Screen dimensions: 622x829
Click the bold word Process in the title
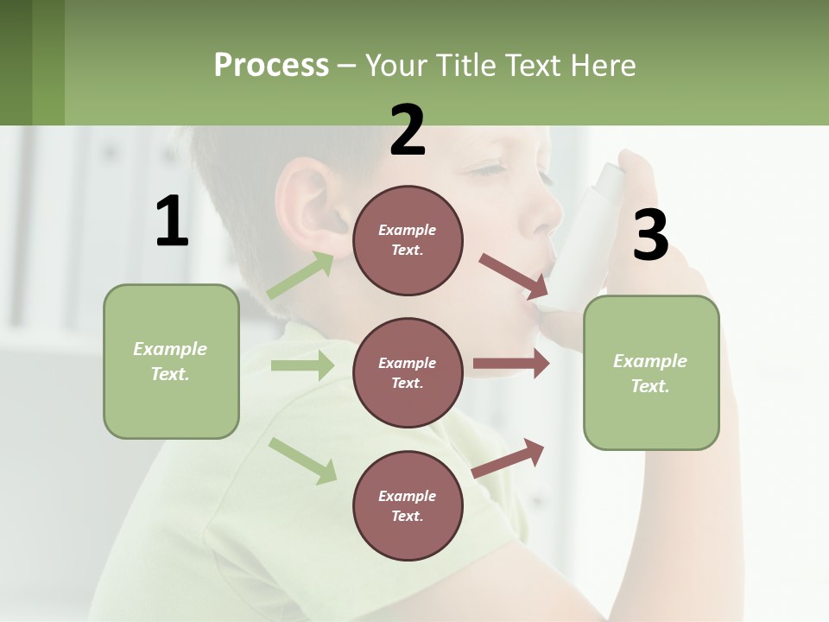click(271, 66)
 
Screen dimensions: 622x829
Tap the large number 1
click(172, 221)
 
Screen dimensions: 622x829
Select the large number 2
click(408, 131)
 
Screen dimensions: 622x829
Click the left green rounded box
click(171, 361)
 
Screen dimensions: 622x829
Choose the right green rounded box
click(651, 372)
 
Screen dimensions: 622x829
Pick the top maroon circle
click(408, 240)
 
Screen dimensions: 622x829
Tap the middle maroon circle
click(408, 372)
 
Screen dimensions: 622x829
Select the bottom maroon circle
click(408, 505)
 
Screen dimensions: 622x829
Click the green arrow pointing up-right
click(301, 275)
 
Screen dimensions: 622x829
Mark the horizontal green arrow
click(302, 365)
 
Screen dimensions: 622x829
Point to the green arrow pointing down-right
click(302, 460)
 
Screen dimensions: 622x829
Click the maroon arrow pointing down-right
click(513, 275)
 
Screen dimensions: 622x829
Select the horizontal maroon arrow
click(511, 364)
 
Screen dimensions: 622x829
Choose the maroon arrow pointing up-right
click(508, 459)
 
